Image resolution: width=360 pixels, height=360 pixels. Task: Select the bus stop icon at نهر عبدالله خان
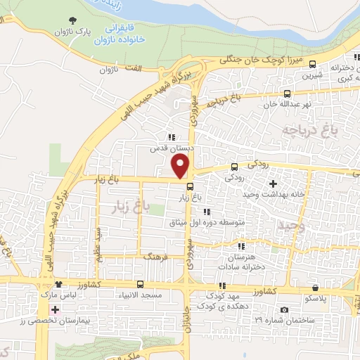pos(287,94)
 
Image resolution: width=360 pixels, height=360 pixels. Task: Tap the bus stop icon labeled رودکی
pos(235,167)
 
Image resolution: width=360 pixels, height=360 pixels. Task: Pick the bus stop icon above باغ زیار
pos(191,186)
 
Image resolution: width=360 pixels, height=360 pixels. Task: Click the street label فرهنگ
pos(156,258)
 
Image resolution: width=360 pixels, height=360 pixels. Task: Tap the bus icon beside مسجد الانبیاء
pos(141,285)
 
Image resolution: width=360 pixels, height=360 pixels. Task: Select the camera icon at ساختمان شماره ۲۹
pos(284,310)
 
